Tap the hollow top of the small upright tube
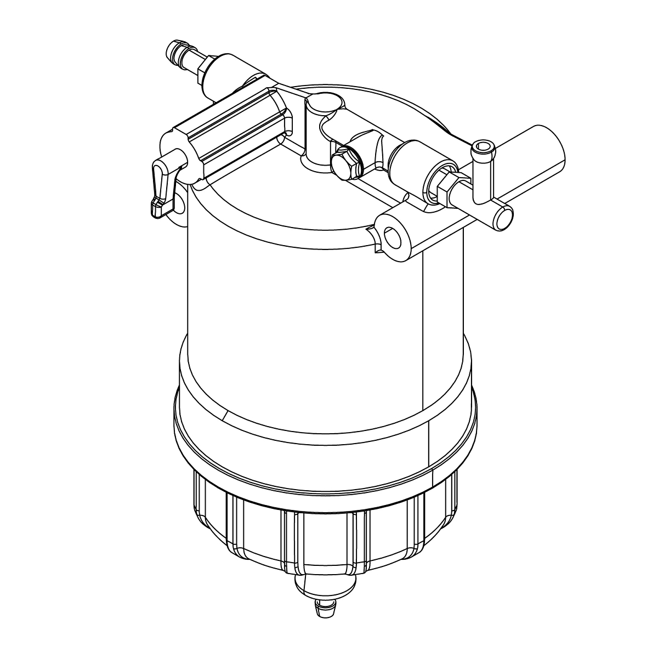click(483, 146)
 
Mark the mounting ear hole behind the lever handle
click(179, 204)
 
